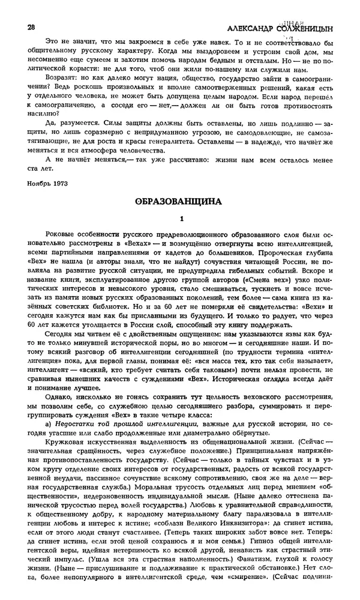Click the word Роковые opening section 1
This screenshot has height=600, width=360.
tap(62, 233)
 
